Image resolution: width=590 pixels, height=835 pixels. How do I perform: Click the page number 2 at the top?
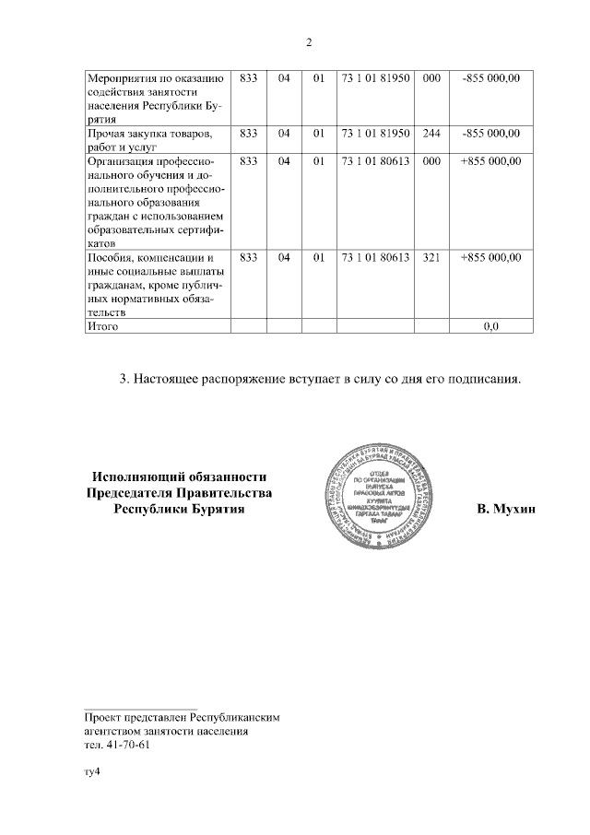pyautogui.click(x=310, y=42)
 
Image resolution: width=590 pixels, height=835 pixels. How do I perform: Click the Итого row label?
pyautogui.click(x=102, y=326)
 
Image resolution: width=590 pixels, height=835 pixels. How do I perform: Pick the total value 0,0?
pyautogui.click(x=490, y=326)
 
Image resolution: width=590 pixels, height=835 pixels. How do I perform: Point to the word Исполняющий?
pyautogui.click(x=134, y=476)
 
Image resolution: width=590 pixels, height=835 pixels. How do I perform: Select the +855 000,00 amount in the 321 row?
pyautogui.click(x=490, y=257)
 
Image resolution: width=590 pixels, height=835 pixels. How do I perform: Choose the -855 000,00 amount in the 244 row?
pyautogui.click(x=490, y=134)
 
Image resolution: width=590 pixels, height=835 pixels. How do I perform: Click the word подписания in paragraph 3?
pyautogui.click(x=487, y=378)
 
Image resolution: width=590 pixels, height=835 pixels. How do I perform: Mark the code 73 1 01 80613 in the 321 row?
pyautogui.click(x=375, y=257)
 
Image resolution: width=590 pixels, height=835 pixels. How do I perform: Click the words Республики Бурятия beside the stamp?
pyautogui.click(x=179, y=509)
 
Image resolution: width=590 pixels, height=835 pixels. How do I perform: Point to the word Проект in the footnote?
pyautogui.click(x=105, y=716)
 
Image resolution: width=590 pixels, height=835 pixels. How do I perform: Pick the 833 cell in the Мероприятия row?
pyautogui.click(x=247, y=77)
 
